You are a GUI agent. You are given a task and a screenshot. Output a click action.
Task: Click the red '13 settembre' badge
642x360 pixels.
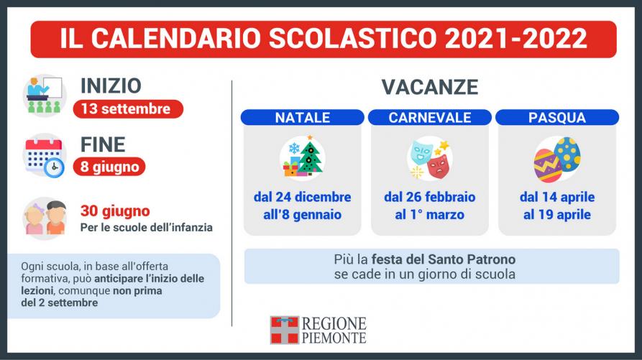tap(128, 109)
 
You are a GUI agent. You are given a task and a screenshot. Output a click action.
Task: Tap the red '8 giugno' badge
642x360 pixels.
tap(109, 167)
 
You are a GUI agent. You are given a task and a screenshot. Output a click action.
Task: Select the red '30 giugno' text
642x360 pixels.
tap(115, 211)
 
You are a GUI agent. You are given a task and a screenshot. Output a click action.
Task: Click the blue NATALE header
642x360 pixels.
tap(303, 117)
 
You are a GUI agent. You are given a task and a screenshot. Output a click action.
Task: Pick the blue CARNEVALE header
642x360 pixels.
tap(430, 117)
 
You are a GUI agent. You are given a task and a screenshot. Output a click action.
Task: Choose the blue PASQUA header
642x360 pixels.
tap(557, 117)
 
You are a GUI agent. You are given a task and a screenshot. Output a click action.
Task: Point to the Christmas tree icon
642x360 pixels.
tap(311, 155)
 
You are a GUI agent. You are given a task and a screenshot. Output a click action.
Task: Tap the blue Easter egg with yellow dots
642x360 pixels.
tap(567, 153)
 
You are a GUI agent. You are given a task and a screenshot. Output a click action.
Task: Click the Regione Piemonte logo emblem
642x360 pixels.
tap(285, 330)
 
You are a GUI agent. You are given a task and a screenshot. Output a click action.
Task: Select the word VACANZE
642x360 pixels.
tap(430, 87)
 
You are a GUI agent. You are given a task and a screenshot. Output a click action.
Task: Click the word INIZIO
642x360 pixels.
tap(111, 86)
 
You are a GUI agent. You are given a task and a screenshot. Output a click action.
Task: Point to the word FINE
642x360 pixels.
tap(103, 145)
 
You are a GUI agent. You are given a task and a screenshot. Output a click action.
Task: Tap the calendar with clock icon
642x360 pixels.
tap(45, 157)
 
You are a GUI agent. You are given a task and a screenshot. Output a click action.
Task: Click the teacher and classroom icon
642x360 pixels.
tap(45, 96)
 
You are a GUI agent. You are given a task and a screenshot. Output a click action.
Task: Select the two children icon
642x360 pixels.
tap(45, 218)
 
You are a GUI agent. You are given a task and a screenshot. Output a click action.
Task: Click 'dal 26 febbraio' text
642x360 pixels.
tap(430, 197)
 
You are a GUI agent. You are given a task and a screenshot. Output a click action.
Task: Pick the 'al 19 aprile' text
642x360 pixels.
tap(557, 214)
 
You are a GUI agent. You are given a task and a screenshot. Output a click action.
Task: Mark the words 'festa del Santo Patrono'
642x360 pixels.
tap(444, 259)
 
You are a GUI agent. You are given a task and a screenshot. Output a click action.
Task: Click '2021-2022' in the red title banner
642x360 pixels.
tap(516, 39)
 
